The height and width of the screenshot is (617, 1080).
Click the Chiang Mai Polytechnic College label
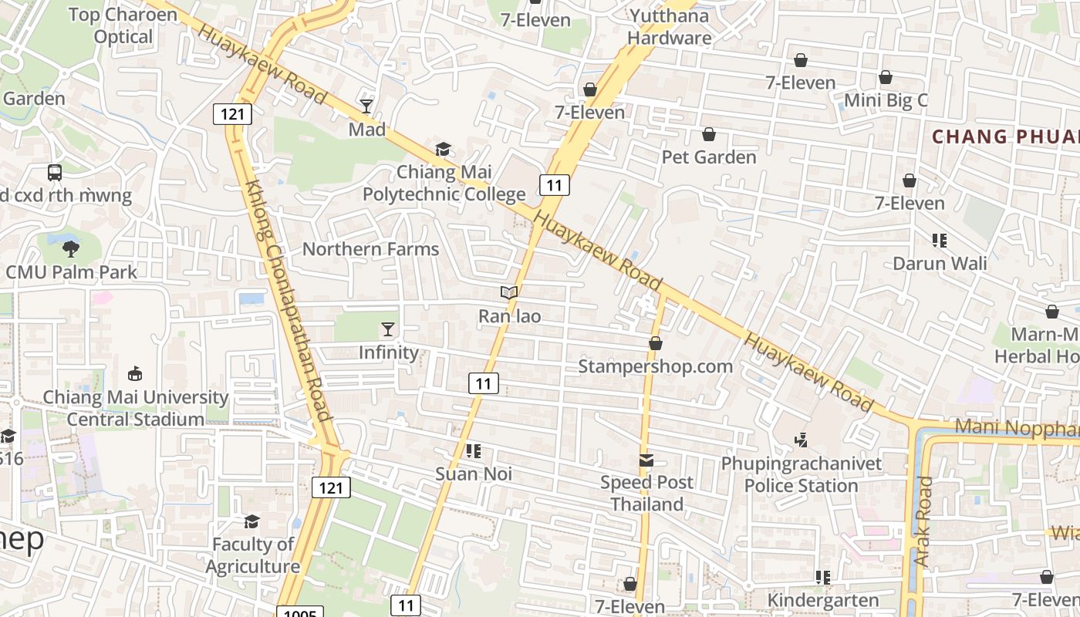pyautogui.click(x=444, y=183)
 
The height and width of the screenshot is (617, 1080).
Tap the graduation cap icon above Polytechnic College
pyautogui.click(x=443, y=149)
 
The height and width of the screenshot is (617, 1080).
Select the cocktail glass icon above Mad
pyautogui.click(x=366, y=106)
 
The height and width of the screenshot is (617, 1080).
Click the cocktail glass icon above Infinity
pyautogui.click(x=388, y=329)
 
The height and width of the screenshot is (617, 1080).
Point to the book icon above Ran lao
pyautogui.click(x=508, y=292)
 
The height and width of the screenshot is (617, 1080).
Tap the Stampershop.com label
pyautogui.click(x=655, y=366)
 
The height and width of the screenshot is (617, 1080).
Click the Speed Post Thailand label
pyautogui.click(x=646, y=493)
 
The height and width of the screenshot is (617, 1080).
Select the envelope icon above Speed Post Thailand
pyautogui.click(x=646, y=460)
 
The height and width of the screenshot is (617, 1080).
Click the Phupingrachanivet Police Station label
pyautogui.click(x=801, y=474)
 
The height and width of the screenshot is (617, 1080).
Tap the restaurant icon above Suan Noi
pyautogui.click(x=474, y=450)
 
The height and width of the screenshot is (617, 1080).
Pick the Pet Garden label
pyautogui.click(x=708, y=157)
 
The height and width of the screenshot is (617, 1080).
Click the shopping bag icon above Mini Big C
pyautogui.click(x=886, y=77)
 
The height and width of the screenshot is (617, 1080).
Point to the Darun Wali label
pyautogui.click(x=939, y=263)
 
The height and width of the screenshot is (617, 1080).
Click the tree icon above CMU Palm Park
pyautogui.click(x=71, y=248)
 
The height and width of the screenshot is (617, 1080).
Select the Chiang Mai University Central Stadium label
pyautogui.click(x=136, y=408)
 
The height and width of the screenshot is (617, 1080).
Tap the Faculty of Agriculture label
pyautogui.click(x=252, y=555)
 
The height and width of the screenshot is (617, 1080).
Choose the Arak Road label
pyautogui.click(x=923, y=521)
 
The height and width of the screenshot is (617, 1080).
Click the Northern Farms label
pyautogui.click(x=370, y=248)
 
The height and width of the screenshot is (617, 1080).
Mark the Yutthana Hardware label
pyautogui.click(x=669, y=26)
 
